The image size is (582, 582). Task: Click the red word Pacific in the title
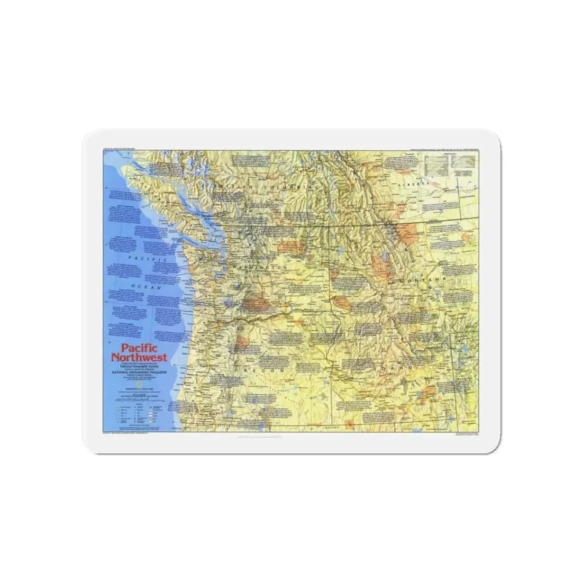(133, 349)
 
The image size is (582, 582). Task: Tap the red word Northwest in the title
(139, 357)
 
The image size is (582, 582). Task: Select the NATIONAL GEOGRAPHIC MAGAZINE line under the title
(139, 372)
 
